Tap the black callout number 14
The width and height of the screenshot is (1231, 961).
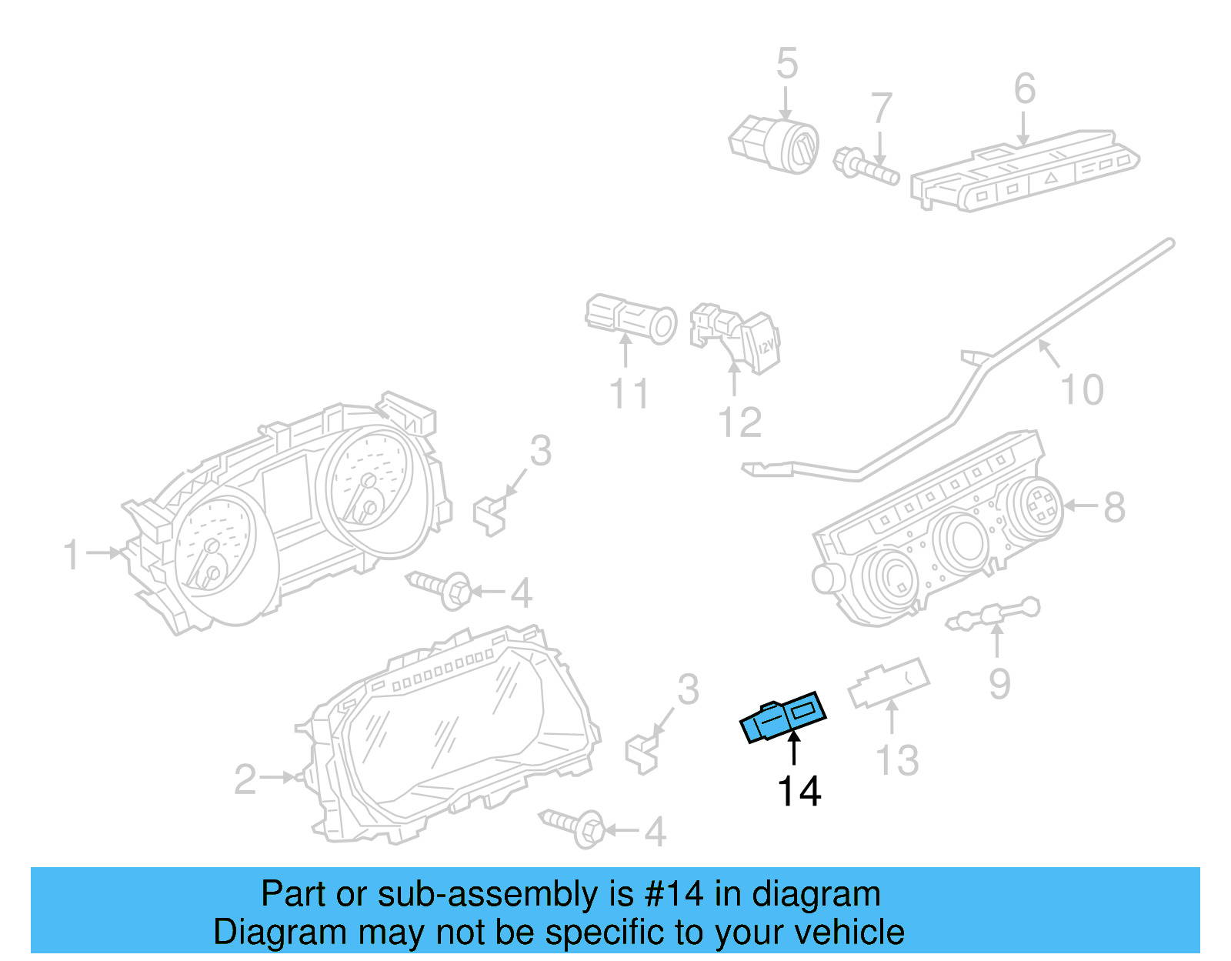(x=799, y=791)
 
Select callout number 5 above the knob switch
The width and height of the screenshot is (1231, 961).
(x=786, y=63)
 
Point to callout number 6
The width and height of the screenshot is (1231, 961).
(x=1024, y=89)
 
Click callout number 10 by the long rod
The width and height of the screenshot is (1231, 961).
(x=1082, y=390)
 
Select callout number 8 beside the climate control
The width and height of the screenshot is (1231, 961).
(x=1114, y=507)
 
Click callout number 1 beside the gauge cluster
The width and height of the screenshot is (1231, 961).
(x=72, y=555)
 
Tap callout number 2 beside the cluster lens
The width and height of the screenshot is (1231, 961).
(x=245, y=779)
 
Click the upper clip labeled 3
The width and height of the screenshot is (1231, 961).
(x=489, y=514)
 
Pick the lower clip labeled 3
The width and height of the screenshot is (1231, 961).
(x=642, y=752)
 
